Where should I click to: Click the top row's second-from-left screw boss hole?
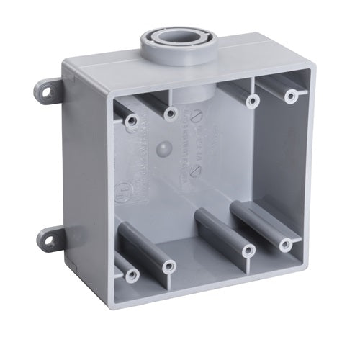coord(171,113)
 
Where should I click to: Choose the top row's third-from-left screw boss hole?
coord(252,101)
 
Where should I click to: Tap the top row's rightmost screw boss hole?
coord(291,95)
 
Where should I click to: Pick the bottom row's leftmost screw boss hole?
coord(130,275)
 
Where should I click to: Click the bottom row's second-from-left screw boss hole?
coord(168,266)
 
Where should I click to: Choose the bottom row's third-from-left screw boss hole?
coord(248,251)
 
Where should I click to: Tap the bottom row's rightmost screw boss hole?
coord(288,243)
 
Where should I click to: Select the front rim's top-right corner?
coord(317,63)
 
